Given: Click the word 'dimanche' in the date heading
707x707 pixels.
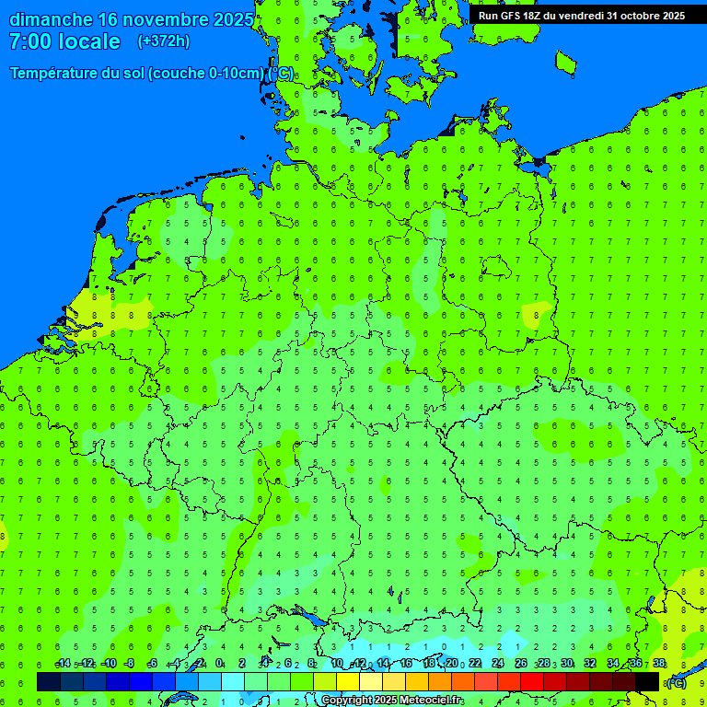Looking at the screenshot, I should tap(51, 19).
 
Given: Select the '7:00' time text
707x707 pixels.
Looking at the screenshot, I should tap(29, 41).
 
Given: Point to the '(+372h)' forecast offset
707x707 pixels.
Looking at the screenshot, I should tap(164, 41).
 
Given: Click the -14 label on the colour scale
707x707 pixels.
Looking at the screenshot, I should tap(63, 664).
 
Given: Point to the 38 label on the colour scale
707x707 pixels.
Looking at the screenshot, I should tap(659, 664).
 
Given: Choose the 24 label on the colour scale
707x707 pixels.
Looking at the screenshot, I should tap(498, 664).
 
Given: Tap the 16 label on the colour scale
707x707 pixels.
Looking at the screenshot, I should tap(406, 664).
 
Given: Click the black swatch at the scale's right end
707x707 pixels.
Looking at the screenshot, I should tap(647, 681).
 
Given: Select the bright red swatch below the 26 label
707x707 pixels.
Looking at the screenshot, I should tap(532, 681).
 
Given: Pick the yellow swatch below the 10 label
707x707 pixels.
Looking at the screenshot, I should tap(348, 681).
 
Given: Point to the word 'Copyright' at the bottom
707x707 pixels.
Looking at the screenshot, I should tap(345, 701).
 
